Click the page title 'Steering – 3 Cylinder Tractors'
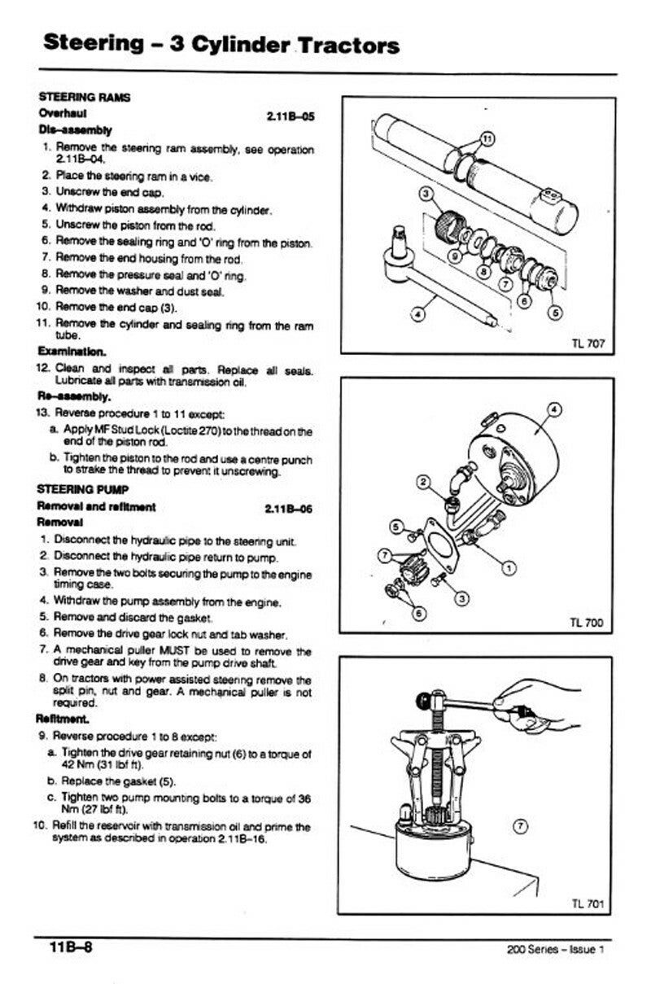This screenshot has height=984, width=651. coord(221,44)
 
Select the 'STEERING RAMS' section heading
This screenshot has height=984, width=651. coord(85,98)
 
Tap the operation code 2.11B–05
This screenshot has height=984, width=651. coord(290,116)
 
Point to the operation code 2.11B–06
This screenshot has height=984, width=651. coord(290,509)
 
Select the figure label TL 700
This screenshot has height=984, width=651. coord(588,623)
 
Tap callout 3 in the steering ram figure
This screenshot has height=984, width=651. coord(425,194)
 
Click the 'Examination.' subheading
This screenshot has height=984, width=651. coord(72,352)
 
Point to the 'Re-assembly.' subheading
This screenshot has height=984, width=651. coord(74,397)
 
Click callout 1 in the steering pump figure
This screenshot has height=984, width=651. coord(509,567)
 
